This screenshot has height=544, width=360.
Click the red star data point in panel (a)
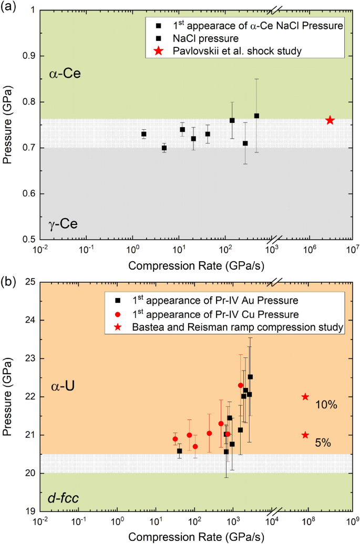pyautogui.click(x=330, y=120)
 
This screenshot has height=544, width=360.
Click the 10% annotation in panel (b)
pyautogui.click(x=326, y=405)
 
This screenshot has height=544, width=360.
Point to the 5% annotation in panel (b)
pyautogui.click(x=323, y=443)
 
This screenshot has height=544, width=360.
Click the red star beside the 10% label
pyautogui.click(x=305, y=397)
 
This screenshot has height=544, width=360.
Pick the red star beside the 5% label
pyautogui.click(x=305, y=435)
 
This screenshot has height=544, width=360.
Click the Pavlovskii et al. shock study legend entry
pyautogui.click(x=227, y=50)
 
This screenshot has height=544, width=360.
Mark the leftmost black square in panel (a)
pyautogui.click(x=143, y=134)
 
